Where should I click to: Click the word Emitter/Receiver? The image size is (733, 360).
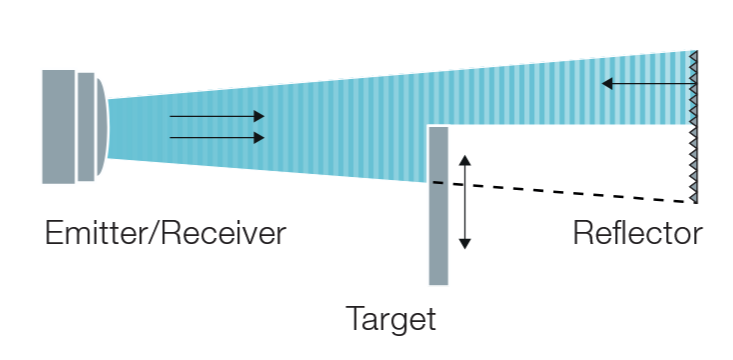tap(165, 233)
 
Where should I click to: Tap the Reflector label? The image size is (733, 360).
tap(638, 233)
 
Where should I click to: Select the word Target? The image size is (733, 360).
tap(391, 319)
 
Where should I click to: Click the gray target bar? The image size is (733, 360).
tap(438, 205)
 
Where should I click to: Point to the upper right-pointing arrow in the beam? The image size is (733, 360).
tap(217, 116)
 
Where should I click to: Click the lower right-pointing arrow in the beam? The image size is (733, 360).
tap(217, 137)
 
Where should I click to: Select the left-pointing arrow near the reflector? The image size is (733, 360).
tap(648, 84)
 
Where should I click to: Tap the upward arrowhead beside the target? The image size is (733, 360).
tap(465, 160)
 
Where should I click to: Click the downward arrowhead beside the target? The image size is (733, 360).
tap(465, 244)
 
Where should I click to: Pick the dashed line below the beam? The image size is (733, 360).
tap(563, 192)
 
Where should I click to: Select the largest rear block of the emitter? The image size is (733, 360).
tap(58, 127)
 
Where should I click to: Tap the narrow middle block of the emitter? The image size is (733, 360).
tap(86, 127)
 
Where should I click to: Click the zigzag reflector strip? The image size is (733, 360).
tap(694, 127)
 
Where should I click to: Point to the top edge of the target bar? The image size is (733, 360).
tap(438, 127)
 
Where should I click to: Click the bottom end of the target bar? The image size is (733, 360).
tap(438, 284)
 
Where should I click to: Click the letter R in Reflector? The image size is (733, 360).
tap(582, 233)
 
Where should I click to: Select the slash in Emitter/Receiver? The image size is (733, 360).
tap(154, 233)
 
